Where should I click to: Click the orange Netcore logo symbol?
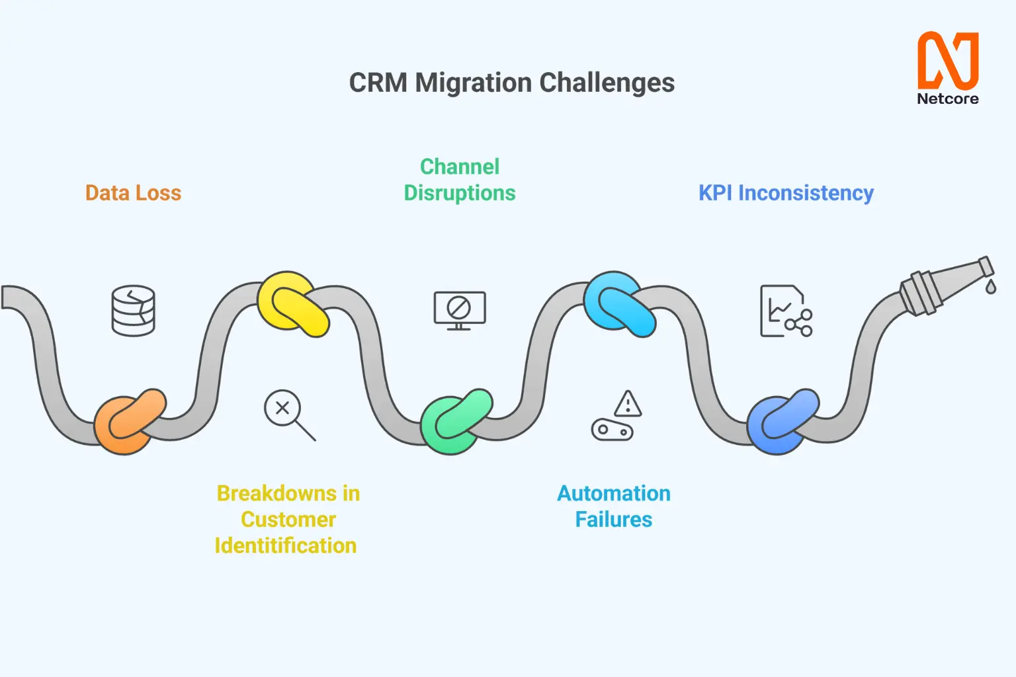tap(948, 60)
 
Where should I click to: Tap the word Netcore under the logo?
tap(948, 99)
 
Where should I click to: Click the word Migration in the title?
tap(473, 83)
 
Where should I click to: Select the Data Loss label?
tap(134, 192)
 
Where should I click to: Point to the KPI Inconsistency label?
tap(786, 193)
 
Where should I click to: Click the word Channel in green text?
tap(460, 167)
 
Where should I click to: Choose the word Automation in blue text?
tap(614, 493)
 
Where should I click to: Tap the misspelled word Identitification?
tap(286, 545)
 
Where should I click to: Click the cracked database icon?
tap(134, 311)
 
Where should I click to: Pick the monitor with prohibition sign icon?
tap(460, 311)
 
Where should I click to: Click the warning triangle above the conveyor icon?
tap(628, 403)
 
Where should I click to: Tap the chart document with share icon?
tap(786, 311)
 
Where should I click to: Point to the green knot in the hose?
tap(456, 421)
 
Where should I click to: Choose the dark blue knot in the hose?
tap(783, 421)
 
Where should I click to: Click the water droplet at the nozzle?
tap(991, 286)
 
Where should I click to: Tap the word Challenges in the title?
tap(607, 83)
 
